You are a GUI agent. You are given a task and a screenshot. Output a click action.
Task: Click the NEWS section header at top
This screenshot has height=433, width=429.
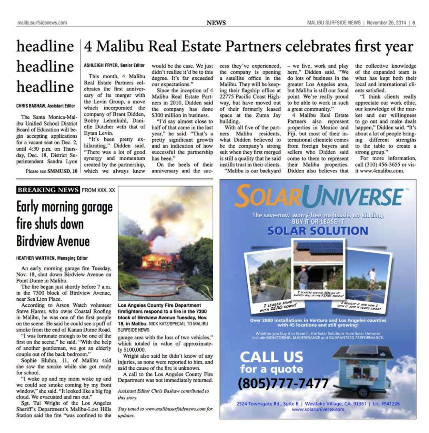216,23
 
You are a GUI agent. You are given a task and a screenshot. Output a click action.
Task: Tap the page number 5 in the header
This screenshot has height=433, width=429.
414,23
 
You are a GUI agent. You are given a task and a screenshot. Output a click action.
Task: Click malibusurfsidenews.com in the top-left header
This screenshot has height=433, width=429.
42,23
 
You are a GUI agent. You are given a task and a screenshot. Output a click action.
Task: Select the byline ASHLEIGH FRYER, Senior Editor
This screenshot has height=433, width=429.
114,65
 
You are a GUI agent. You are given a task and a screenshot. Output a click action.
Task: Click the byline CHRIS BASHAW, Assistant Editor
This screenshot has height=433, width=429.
46,106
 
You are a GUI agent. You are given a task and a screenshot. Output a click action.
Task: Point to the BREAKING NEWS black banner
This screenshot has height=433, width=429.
48,190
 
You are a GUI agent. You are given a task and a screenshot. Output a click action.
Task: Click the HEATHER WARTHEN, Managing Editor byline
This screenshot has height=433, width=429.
52,258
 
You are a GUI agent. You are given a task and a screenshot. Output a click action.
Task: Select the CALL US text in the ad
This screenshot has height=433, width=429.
271,357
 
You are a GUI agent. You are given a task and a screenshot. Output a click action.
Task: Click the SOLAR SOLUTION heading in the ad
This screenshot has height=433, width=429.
318,231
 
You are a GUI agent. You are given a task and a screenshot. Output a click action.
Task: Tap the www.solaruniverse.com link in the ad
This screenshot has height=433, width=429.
318,409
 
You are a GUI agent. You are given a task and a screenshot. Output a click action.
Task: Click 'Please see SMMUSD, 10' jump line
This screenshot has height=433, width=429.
51,171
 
